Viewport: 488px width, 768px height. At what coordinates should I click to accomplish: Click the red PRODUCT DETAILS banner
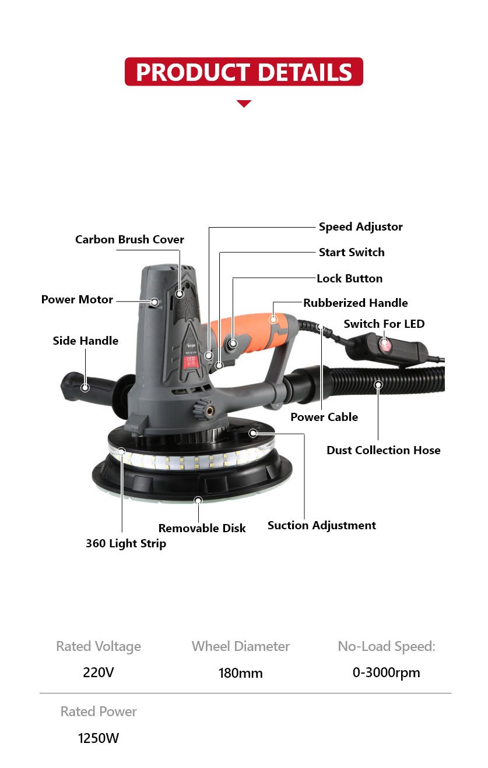244,72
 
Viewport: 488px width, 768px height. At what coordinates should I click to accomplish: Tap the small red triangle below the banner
244,104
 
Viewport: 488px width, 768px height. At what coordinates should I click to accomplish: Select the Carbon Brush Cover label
129,239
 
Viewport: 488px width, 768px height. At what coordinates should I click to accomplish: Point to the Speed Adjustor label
360,226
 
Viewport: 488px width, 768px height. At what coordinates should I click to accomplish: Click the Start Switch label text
352,252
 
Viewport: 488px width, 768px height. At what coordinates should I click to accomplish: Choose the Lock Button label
350,278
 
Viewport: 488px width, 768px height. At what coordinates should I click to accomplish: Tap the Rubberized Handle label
356,303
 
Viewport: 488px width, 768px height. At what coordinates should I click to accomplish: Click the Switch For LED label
384,324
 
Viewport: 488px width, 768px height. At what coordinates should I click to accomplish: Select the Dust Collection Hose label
384,450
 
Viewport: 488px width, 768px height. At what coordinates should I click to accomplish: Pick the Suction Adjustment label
322,525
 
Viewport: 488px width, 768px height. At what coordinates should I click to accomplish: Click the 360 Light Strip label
126,543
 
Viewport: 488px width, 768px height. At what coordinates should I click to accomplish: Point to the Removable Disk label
202,528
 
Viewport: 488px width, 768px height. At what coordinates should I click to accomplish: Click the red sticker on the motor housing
189,362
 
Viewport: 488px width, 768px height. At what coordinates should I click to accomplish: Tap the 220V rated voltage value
98,673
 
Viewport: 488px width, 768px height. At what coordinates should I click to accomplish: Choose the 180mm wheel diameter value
240,673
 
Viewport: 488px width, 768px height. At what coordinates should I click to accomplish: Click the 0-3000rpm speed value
387,673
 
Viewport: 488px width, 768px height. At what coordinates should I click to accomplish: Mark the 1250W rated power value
98,738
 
